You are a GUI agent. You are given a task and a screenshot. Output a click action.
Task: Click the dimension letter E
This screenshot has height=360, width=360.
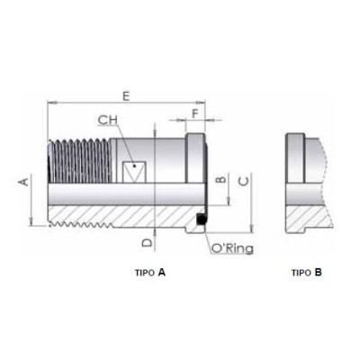coord(126,95)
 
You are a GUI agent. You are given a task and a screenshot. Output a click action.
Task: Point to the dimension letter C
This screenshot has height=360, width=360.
coord(245,182)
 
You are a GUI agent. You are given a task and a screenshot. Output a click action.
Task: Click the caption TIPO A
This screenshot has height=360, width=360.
coord(148,271)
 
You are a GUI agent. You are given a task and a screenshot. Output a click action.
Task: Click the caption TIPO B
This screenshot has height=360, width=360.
coord(306,271)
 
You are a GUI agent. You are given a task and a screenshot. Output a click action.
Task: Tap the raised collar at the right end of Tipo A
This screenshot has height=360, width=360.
coord(196,157)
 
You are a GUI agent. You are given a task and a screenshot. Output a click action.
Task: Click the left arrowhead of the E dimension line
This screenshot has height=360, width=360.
coord(48,103)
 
